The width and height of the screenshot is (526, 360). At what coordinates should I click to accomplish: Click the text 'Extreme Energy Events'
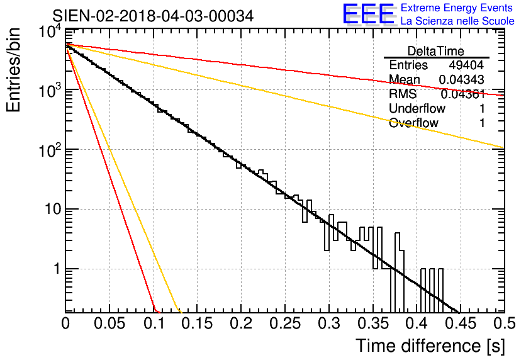[x=457, y=8]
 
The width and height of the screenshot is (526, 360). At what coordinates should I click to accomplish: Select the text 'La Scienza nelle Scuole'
[x=457, y=21]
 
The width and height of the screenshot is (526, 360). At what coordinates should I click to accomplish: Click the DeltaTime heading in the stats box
[x=436, y=51]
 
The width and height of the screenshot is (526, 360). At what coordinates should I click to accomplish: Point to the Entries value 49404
[x=466, y=65]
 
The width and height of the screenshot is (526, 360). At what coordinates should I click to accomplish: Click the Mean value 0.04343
[x=462, y=80]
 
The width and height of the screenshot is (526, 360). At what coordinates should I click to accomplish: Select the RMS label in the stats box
[x=403, y=94]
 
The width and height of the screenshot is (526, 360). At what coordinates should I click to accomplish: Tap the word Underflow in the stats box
[x=417, y=109]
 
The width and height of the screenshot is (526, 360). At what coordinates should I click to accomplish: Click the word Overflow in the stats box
[x=413, y=123]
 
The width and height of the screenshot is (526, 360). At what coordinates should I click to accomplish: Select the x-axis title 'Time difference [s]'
[x=430, y=346]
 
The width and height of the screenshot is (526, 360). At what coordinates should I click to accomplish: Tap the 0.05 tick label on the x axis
[x=109, y=323]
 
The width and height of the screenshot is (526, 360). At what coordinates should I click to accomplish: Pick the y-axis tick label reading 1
[x=56, y=269]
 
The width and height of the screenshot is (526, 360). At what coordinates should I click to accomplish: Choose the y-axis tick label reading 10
[x=52, y=209]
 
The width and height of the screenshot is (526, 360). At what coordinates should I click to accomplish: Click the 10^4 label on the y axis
[x=50, y=31]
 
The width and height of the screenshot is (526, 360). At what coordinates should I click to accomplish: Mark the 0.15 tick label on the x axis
[x=197, y=323]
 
